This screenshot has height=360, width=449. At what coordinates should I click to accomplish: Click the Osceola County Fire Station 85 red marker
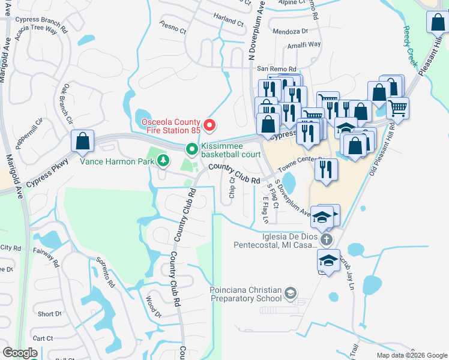(209, 125)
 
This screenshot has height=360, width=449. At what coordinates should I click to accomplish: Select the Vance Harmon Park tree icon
(163, 160)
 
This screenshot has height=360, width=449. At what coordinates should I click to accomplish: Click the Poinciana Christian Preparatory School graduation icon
(291, 293)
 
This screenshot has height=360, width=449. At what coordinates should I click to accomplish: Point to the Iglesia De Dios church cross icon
(326, 240)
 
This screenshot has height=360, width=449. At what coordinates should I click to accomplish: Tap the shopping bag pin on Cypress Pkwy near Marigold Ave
(83, 142)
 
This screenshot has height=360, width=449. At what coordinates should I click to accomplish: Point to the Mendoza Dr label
(290, 31)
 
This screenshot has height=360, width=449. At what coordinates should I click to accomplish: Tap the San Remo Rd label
(277, 69)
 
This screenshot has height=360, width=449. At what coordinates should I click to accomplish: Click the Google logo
(20, 353)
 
